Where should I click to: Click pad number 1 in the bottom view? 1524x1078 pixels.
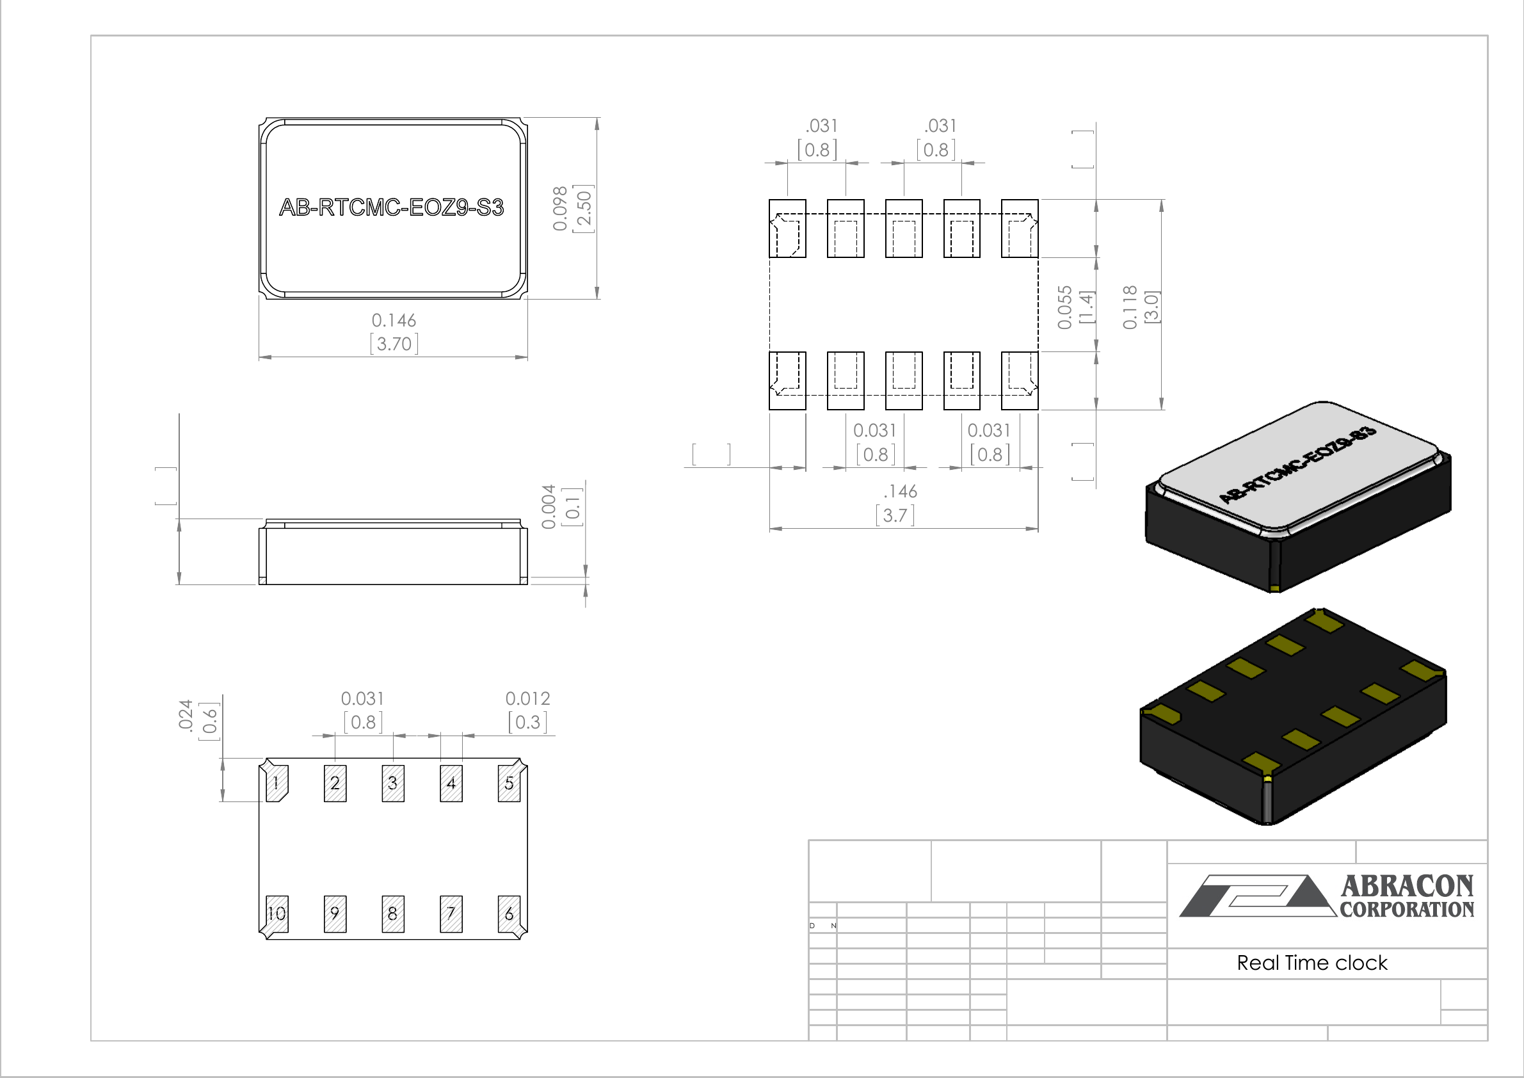pos(277,784)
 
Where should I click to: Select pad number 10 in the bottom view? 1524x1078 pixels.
pos(277,913)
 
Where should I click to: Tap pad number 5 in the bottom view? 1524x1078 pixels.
pos(509,784)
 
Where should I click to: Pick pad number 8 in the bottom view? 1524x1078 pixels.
pos(393,914)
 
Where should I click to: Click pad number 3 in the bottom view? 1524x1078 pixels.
pos(393,784)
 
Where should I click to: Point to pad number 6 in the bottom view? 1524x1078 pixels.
pos(509,914)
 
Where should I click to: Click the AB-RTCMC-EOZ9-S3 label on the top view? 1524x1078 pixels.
pos(392,208)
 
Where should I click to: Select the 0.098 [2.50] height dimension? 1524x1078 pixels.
pos(572,209)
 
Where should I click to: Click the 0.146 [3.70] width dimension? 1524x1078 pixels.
pos(394,332)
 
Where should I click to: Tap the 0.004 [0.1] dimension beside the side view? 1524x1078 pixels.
pos(561,506)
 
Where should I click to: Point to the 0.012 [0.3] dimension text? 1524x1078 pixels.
pos(527,711)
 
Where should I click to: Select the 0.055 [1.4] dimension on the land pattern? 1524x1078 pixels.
pos(1075,307)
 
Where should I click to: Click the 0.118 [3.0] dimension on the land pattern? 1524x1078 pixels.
pos(1141,307)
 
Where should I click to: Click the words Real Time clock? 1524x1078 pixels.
pos(1312,963)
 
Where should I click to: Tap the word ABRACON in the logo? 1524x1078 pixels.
pos(1407,886)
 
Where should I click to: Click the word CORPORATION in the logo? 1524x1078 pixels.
pos(1407,910)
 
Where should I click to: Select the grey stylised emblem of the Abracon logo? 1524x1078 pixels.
pos(1258,896)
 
